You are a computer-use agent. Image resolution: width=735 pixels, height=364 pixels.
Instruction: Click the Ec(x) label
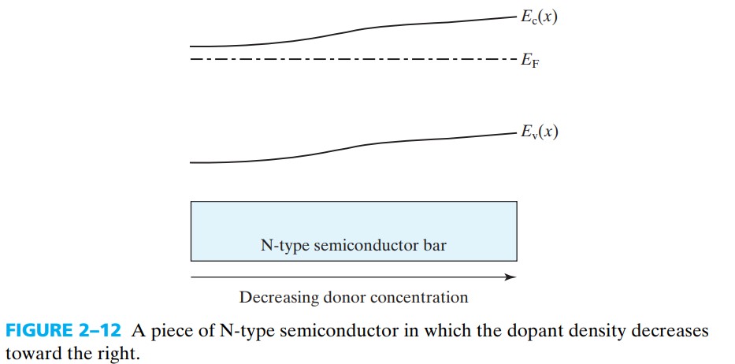pyautogui.click(x=539, y=17)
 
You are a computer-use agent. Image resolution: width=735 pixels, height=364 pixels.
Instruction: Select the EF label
pyautogui.click(x=529, y=61)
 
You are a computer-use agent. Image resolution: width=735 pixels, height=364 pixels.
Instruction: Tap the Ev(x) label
pyautogui.click(x=539, y=132)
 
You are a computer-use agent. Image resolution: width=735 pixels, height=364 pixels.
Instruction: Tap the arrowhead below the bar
pyautogui.click(x=511, y=277)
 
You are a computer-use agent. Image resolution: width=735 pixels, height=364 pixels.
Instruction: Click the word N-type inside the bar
pyautogui.click(x=285, y=246)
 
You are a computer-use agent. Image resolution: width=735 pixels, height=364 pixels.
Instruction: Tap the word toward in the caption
pyautogui.click(x=30, y=354)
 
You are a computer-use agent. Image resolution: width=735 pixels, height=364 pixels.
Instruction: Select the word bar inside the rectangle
pyautogui.click(x=436, y=246)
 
